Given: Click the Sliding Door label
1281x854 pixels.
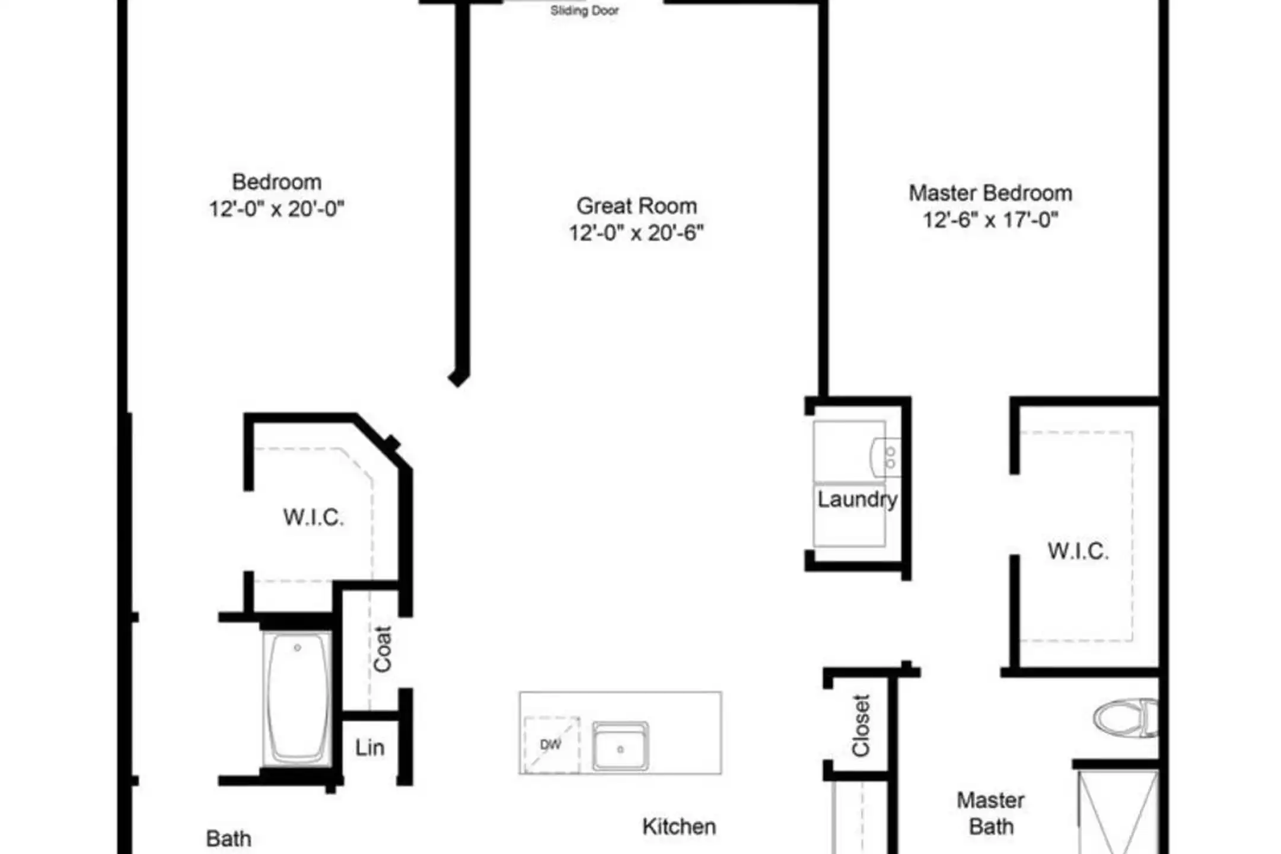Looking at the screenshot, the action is (584, 11).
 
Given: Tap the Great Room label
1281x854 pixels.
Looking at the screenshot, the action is (636, 206).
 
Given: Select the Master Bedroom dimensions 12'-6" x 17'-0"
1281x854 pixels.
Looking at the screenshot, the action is (990, 220).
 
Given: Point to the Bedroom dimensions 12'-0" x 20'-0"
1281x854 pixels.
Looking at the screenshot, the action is (276, 209).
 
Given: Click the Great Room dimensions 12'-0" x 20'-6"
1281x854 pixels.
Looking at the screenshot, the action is (636, 232).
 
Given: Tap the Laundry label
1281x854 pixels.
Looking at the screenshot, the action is (857, 500).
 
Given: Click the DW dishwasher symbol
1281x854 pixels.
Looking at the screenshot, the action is (552, 745).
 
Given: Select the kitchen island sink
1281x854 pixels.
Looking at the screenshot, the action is (620, 746).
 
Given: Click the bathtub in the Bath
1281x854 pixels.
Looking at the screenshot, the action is (297, 699).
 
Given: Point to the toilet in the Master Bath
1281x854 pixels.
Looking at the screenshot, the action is (1126, 718).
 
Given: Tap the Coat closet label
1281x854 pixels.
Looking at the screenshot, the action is (383, 649).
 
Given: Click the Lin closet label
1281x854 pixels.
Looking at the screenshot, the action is (370, 748).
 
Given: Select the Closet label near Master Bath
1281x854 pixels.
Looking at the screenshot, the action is (861, 725).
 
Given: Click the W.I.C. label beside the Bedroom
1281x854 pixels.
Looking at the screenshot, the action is (314, 517).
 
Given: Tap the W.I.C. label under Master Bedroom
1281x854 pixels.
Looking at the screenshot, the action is (1078, 551).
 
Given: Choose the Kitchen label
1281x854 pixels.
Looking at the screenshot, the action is (679, 827).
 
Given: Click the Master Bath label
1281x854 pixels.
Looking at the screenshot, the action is (990, 813).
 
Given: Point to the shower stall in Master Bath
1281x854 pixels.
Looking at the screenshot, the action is (1118, 812).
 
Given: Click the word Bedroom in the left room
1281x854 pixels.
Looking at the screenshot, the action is (276, 182).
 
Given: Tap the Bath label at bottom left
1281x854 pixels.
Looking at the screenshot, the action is (228, 839).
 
